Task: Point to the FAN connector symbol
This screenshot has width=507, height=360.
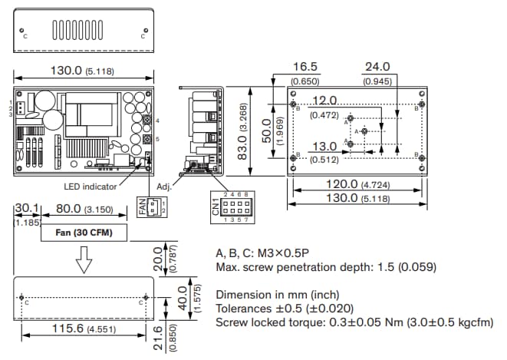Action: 150,207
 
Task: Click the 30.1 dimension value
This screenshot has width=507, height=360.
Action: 27,208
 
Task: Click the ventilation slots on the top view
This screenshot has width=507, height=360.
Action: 83,31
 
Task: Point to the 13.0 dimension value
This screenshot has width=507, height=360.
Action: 324,147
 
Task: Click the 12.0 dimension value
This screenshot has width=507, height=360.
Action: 324,101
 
